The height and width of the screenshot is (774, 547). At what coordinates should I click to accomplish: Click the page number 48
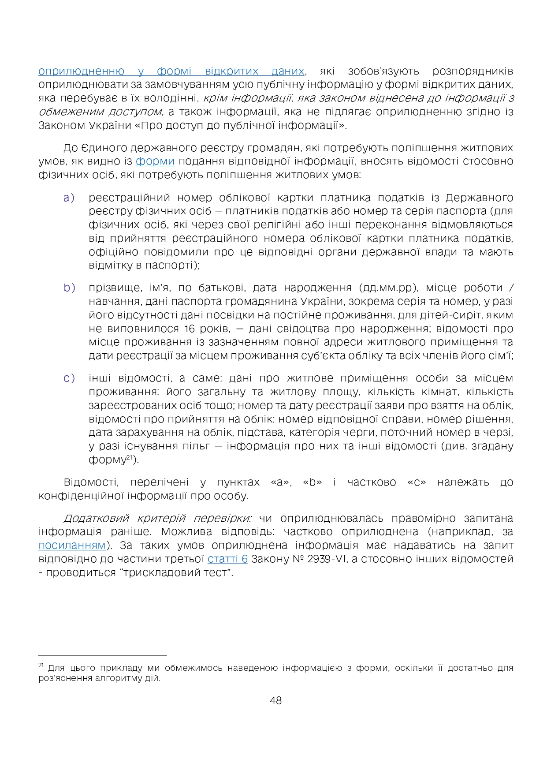point(275,700)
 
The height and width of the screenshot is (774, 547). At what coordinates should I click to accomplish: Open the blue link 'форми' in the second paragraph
point(155,161)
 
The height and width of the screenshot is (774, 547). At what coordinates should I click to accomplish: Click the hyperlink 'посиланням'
point(72,546)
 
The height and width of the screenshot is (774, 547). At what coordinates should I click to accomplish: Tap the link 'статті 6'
point(227,559)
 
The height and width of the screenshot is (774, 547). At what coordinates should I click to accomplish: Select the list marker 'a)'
point(69,198)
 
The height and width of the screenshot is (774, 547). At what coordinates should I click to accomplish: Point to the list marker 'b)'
point(69,288)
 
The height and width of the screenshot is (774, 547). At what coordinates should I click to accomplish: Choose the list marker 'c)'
point(69,378)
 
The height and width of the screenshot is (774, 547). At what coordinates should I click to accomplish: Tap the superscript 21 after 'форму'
point(130,458)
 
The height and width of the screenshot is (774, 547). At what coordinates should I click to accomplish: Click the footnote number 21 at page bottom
point(41,665)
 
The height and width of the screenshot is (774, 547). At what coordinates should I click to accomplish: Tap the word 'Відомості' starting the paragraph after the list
point(90,482)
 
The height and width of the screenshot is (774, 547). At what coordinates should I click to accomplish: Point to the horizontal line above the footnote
point(102,656)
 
